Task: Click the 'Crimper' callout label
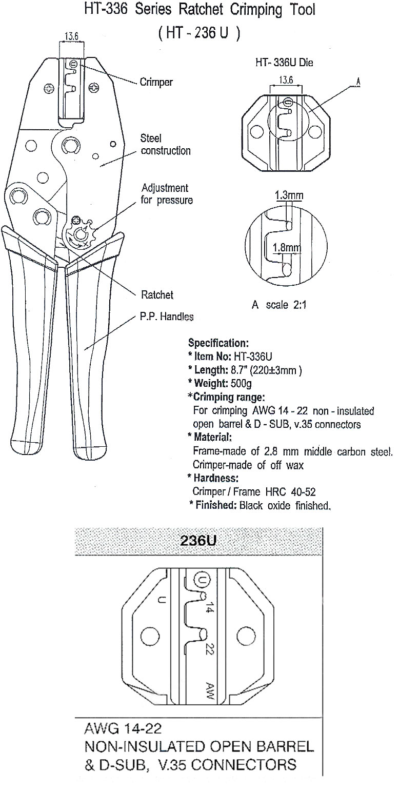tap(156, 82)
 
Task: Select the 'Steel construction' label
tap(166, 145)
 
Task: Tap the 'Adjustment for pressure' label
tap(167, 194)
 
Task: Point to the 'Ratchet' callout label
tap(157, 294)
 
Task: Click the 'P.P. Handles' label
tap(167, 317)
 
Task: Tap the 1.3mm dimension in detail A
tap(289, 195)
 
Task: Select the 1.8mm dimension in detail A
tap(286, 248)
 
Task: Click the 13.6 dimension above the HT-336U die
tap(286, 80)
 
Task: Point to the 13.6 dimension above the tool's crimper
tap(72, 36)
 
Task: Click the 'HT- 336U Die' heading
tap(284, 63)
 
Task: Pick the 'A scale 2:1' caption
tap(279, 305)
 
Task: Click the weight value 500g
tap(241, 383)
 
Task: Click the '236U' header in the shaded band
tap(198, 541)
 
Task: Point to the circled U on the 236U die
tap(202, 580)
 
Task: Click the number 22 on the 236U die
tap(209, 648)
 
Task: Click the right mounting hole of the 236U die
tap(244, 636)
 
